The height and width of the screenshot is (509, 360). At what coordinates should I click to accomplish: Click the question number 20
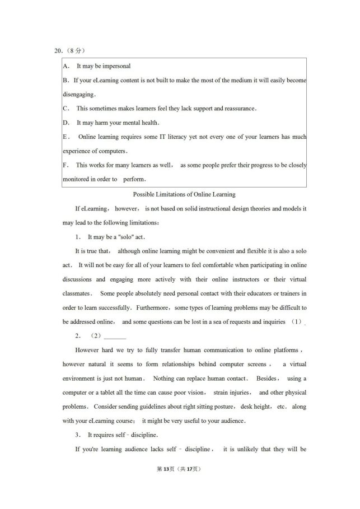click(58, 51)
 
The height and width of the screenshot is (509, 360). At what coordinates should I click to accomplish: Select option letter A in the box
click(66, 66)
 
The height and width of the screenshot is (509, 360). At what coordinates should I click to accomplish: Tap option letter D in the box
click(66, 123)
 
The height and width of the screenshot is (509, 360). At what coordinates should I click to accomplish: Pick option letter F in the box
click(66, 165)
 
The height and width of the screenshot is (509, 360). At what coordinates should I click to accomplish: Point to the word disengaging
click(79, 94)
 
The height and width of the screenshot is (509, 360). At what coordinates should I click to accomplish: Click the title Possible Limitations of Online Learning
click(184, 194)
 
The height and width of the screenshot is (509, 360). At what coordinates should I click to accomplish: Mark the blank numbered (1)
click(297, 321)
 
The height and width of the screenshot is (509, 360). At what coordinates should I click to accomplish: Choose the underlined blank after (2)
click(115, 336)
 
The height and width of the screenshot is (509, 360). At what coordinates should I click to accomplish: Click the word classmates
click(77, 293)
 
